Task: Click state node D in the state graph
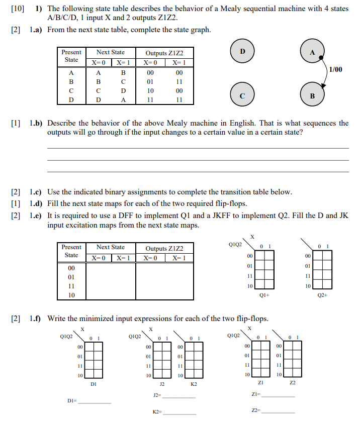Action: pyautogui.click(x=242, y=52)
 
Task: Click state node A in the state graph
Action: pyautogui.click(x=312, y=52)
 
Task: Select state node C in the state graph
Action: pyautogui.click(x=242, y=95)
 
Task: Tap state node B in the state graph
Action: pyautogui.click(x=312, y=95)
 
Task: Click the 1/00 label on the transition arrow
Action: pyautogui.click(x=335, y=69)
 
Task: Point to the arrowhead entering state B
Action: pyautogui.click(x=323, y=87)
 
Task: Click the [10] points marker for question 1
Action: pyautogui.click(x=17, y=9)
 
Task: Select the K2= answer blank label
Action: pyautogui.click(x=157, y=412)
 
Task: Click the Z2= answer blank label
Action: pyautogui.click(x=256, y=411)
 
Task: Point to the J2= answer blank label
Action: pyautogui.click(x=157, y=396)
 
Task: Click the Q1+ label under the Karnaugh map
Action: pyautogui.click(x=264, y=295)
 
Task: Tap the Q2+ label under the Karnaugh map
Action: pyautogui.click(x=322, y=295)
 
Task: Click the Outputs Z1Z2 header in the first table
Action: pyautogui.click(x=164, y=53)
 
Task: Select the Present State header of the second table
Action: pyautogui.click(x=71, y=251)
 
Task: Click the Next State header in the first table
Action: pyautogui.click(x=111, y=52)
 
